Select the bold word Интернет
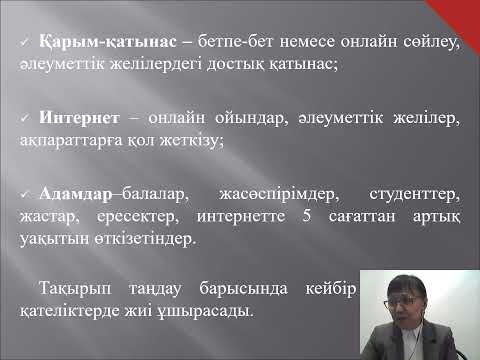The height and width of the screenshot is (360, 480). [73, 120]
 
